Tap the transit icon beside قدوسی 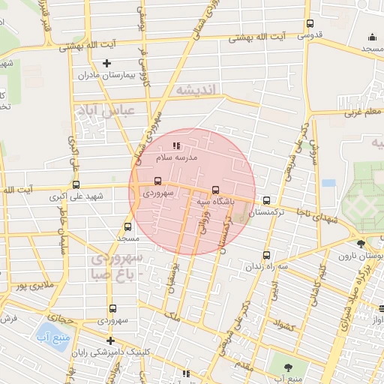310,24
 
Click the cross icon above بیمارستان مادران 106,63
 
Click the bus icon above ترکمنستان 267,200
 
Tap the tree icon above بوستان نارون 361,244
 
